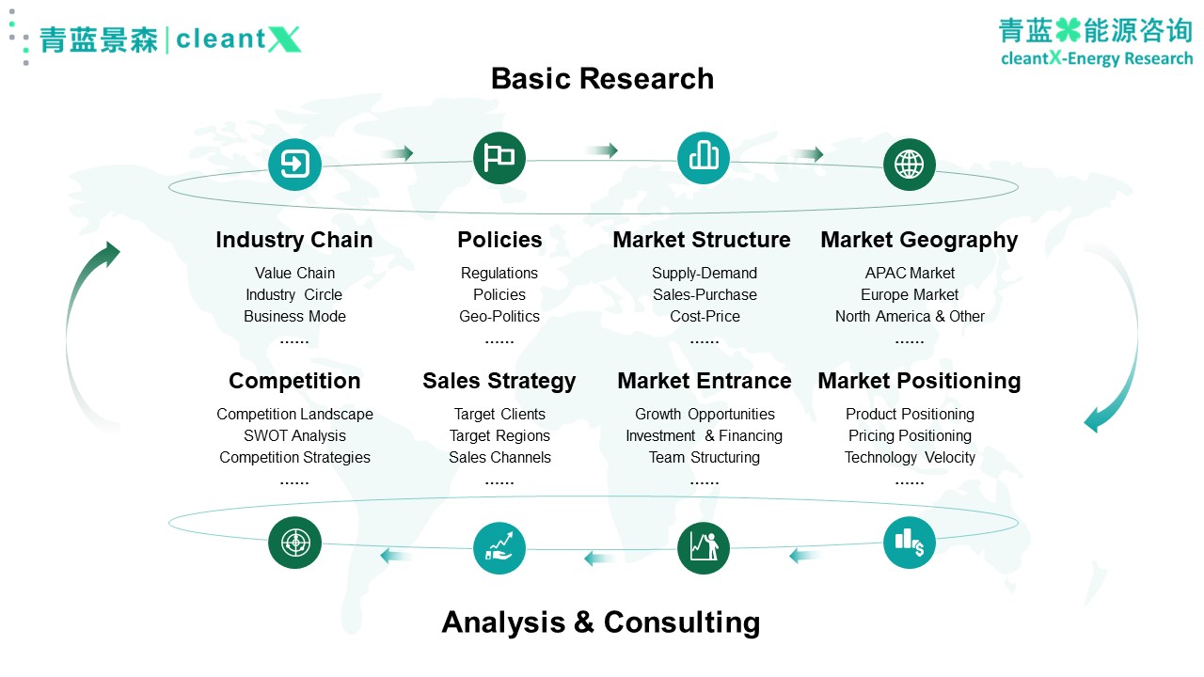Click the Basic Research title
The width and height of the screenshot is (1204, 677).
[602, 78]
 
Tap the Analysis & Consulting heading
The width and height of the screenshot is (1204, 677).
[601, 622]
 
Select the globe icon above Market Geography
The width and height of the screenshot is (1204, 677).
[909, 165]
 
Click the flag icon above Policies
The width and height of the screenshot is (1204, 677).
[499, 158]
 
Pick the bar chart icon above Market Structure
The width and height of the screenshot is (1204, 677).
[704, 158]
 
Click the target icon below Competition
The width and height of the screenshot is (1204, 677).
[294, 543]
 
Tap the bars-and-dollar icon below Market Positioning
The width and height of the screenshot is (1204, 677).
[909, 543]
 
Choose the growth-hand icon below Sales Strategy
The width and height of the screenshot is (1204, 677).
[499, 548]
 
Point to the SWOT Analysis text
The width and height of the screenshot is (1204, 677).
[294, 435]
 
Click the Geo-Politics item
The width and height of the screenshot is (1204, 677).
[499, 317]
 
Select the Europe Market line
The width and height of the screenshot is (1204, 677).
[910, 295]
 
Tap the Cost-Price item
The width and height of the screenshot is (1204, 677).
[705, 317]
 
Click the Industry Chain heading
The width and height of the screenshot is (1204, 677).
[294, 240]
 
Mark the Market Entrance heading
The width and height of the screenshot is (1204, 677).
[705, 381]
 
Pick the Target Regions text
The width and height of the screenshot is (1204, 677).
[499, 435]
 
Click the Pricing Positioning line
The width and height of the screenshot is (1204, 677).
[910, 435]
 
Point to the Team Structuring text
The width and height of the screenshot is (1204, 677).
[705, 457]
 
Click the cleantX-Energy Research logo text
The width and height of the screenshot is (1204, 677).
[1097, 58]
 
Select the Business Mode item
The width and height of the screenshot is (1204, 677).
[294, 317]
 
